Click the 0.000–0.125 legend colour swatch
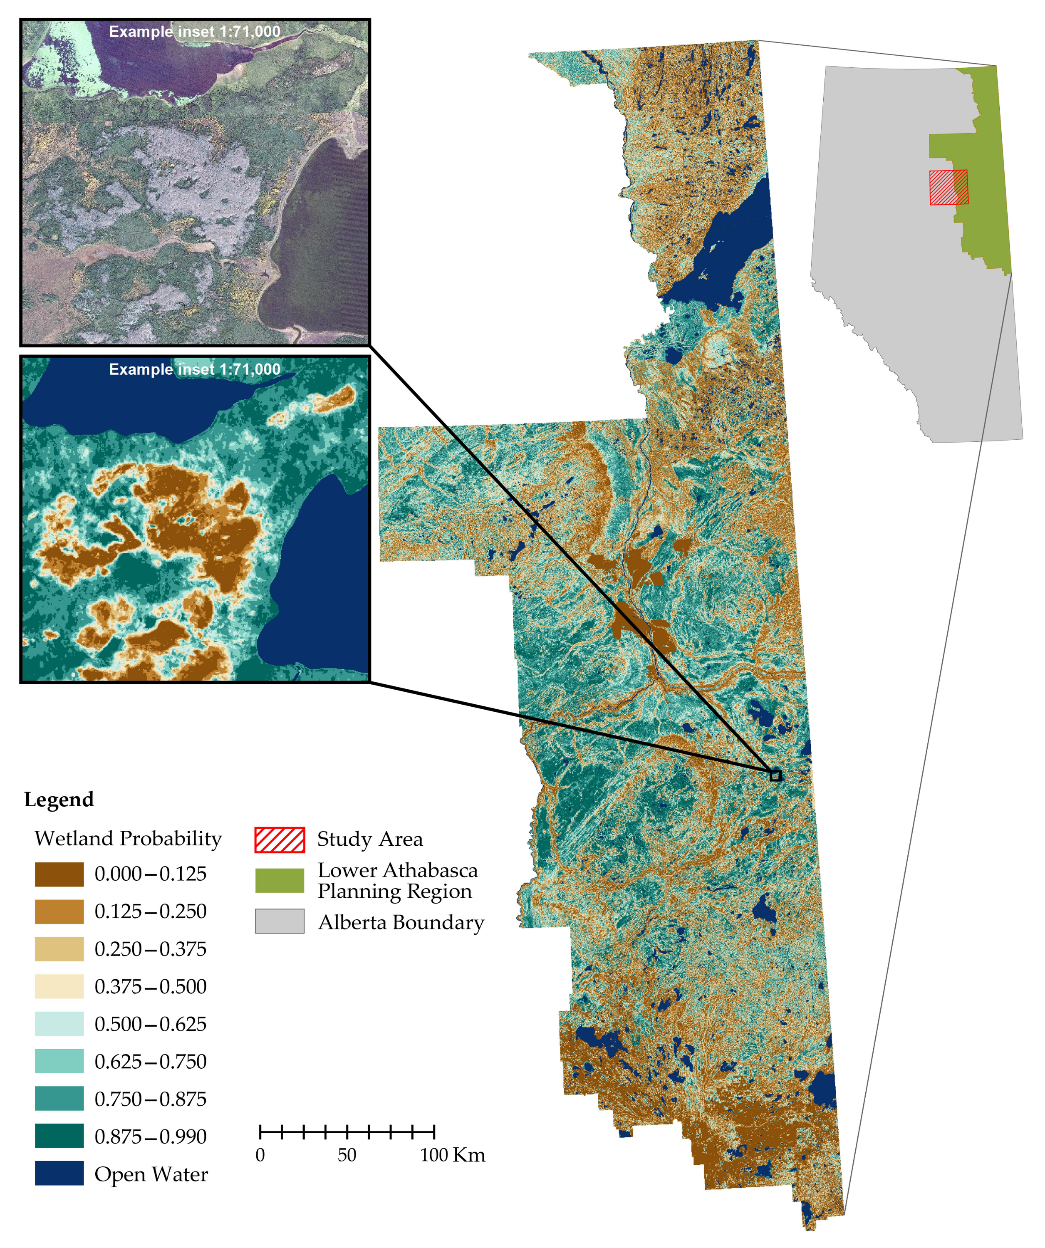59,874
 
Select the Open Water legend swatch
59,1173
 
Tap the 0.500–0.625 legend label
151,1024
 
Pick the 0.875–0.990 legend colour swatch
59,1136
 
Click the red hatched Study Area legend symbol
280,839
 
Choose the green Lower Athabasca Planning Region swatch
280,880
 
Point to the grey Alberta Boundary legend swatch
280,921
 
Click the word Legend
59,799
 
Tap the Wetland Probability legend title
128,838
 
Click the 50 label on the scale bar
347,1155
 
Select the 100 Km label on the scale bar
452,1155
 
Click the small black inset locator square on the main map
775,775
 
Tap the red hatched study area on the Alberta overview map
948,187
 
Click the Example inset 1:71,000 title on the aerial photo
194,32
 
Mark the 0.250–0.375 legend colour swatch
59,949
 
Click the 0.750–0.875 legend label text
151,1099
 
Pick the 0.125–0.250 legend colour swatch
59,911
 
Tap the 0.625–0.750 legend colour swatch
59,1061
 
